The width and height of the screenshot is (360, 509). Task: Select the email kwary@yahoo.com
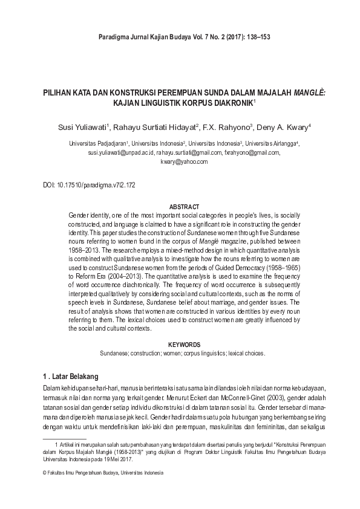click(x=184, y=162)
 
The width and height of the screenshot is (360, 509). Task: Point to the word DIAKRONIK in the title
click(x=229, y=103)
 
